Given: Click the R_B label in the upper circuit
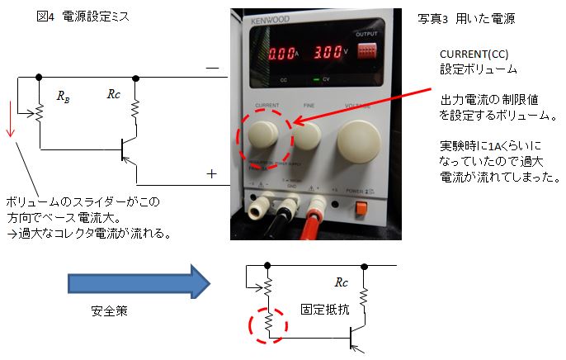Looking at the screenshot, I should pos(64,96).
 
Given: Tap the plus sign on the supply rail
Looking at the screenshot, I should pos(211,173).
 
